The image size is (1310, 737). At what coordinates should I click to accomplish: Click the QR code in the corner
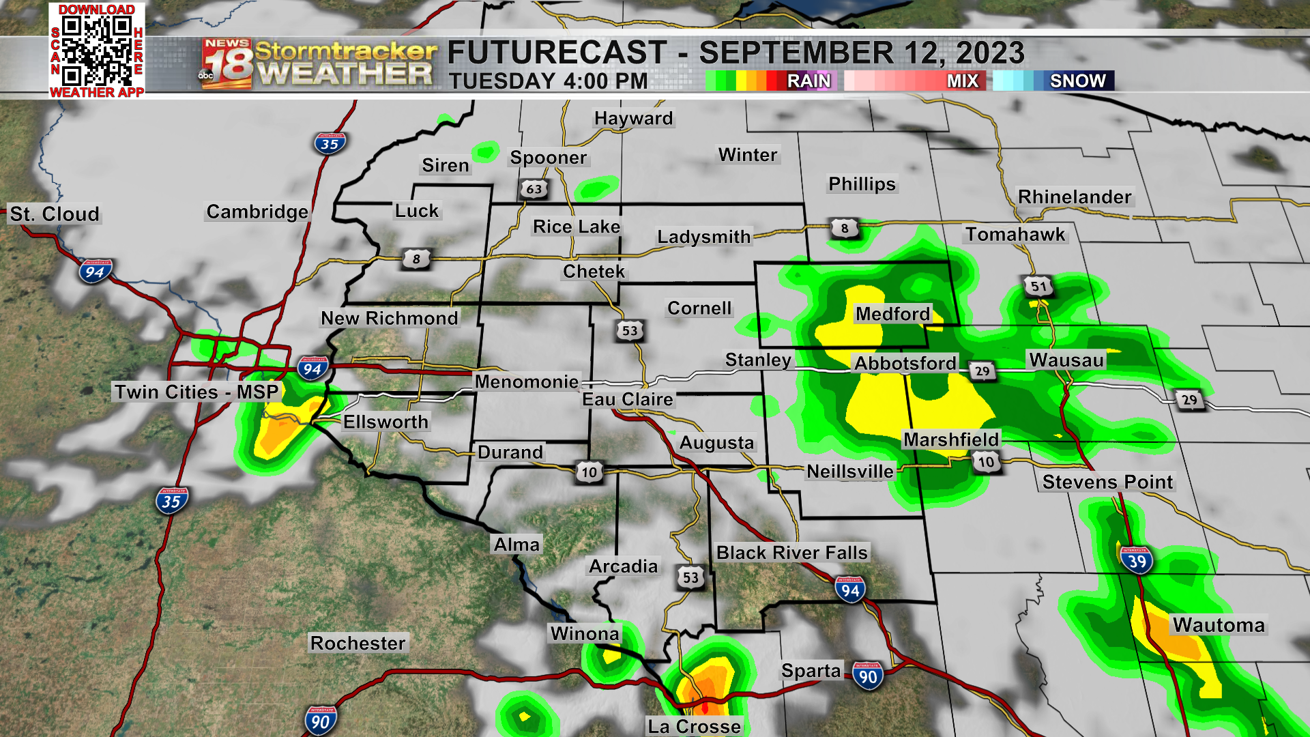96,50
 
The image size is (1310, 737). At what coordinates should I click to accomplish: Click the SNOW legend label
1077,81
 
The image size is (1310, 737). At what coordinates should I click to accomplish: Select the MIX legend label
962,81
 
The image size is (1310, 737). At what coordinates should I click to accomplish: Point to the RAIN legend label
809,81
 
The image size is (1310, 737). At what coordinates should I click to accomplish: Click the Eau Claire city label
627,399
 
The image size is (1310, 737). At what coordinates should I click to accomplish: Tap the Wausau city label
1066,360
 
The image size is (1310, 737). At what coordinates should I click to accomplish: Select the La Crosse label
694,726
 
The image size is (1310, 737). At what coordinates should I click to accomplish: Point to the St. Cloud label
55,214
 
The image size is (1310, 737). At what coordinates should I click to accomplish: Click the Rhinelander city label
1074,197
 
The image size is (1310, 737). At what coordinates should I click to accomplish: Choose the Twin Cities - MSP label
196,392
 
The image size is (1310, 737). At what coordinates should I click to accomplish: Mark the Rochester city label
358,643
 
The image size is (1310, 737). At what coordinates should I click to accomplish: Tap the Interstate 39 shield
1136,561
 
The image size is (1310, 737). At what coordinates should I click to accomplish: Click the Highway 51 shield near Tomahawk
1038,287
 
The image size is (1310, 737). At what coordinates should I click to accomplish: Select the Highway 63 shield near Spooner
534,189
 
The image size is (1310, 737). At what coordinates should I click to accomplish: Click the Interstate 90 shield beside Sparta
867,676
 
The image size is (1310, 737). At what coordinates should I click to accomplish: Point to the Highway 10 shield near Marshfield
986,462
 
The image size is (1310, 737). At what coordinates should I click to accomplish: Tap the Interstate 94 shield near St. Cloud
94,272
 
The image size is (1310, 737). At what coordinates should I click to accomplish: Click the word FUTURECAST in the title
557,53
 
